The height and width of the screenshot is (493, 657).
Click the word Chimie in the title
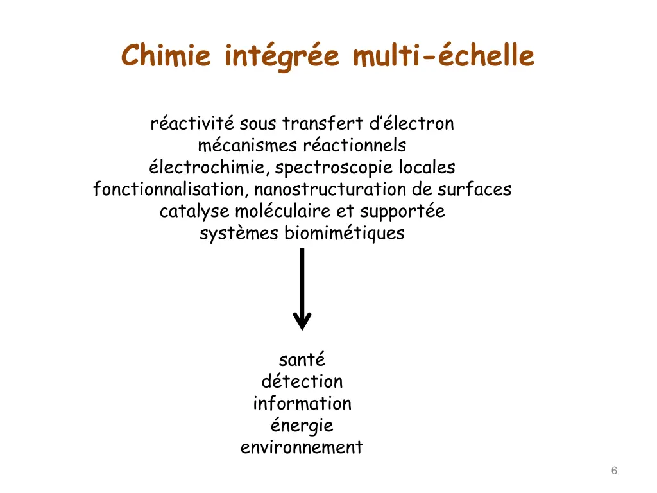tap(166, 55)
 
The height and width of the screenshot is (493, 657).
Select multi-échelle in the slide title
tap(443, 55)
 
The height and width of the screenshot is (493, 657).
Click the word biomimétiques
tap(345, 233)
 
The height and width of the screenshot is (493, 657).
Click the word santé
tap(302, 359)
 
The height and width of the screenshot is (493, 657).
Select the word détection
tap(302, 381)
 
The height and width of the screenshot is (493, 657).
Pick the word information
tap(302, 403)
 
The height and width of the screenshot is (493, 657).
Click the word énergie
tap(302, 426)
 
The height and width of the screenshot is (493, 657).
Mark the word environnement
tap(302, 447)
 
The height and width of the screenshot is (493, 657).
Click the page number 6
tap(614, 471)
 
